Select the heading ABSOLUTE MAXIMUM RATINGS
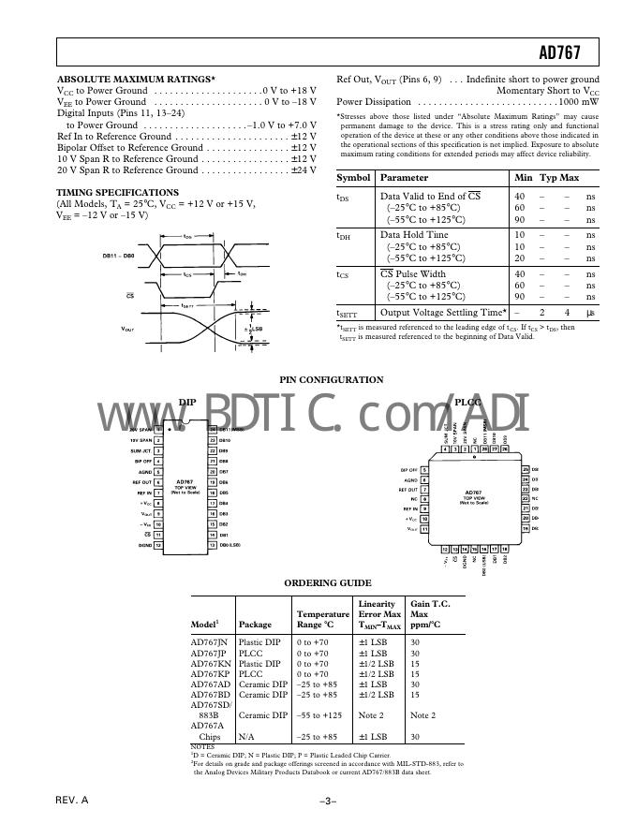(x=136, y=80)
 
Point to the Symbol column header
(x=354, y=177)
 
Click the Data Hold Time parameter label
(x=413, y=235)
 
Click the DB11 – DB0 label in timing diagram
(x=118, y=254)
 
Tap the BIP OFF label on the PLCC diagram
(x=408, y=469)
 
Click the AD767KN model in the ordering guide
(x=209, y=663)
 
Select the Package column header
(x=256, y=625)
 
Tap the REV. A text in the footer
(x=72, y=802)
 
